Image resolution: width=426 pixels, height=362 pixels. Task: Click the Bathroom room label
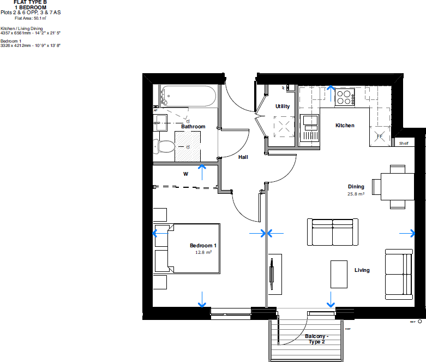coord(193,127)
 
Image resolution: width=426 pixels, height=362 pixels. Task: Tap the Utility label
coord(283,106)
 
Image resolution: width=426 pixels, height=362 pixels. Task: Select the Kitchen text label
coord(345,126)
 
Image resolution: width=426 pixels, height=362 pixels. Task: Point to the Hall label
coord(243,157)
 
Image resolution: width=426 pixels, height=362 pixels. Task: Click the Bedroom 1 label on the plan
coord(203,246)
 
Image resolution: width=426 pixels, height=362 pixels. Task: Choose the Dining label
coord(356,186)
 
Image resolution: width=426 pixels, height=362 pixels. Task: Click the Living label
coord(362,270)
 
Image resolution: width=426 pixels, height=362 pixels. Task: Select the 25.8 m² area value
coord(356,193)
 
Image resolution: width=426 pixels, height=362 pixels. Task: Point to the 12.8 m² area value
coord(203,253)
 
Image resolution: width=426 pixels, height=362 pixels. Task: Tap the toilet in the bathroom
coord(164,146)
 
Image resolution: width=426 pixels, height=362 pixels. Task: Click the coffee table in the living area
coord(339,274)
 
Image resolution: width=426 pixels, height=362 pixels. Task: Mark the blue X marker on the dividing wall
coord(266,234)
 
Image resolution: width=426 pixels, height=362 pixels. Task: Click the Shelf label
coord(404,144)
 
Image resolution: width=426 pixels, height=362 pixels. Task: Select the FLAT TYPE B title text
coord(31,3)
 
